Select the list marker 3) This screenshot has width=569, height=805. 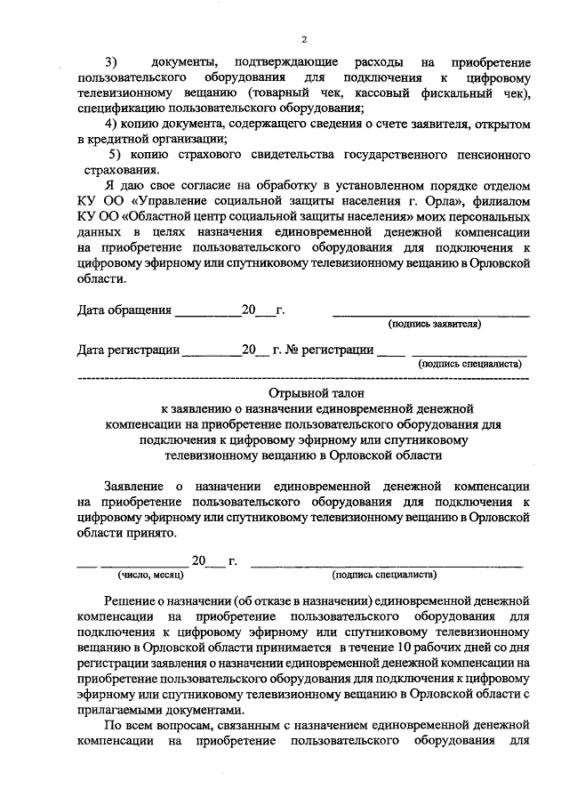click(112, 62)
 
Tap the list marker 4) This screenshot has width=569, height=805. click(112, 122)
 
